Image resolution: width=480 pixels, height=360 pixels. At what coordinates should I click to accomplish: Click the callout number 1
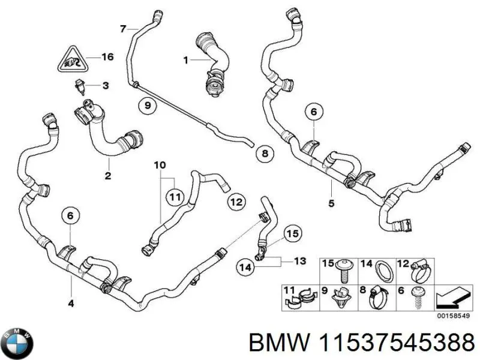(x=185, y=59)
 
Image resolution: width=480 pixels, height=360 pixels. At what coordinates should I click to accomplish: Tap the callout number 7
(x=122, y=28)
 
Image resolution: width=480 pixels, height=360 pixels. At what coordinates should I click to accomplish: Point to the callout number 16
(x=107, y=58)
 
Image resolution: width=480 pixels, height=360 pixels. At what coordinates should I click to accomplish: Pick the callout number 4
(x=71, y=304)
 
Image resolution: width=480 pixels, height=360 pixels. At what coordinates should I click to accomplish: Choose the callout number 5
(x=331, y=203)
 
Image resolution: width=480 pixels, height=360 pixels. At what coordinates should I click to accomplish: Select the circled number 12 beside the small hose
(x=235, y=202)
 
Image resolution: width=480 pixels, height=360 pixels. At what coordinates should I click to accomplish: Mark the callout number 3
(x=105, y=86)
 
